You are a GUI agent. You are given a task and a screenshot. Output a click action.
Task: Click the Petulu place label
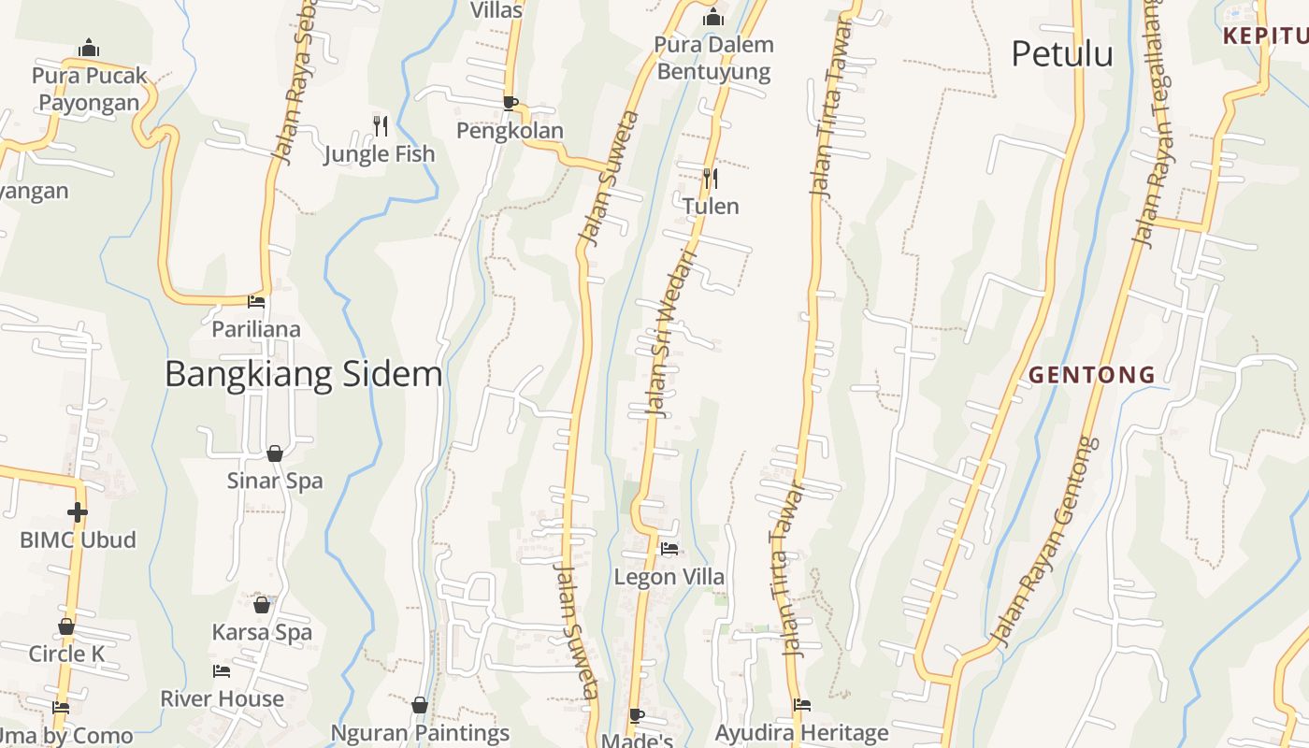(1062, 54)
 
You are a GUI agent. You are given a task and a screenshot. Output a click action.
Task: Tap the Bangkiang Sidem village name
(303, 374)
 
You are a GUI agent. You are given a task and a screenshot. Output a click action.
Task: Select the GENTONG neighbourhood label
(1092, 376)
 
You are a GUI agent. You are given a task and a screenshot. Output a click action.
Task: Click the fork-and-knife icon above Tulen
(711, 178)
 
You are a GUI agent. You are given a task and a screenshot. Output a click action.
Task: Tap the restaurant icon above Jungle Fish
(381, 125)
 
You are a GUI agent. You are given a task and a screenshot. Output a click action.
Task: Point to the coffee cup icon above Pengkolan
(510, 102)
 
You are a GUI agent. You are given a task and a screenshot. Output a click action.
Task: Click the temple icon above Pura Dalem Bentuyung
(713, 17)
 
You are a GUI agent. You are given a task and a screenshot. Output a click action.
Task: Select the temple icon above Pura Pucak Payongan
(90, 48)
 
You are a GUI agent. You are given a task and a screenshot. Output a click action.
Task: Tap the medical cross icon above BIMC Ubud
(78, 511)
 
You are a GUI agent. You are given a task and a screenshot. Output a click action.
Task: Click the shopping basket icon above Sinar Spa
(275, 453)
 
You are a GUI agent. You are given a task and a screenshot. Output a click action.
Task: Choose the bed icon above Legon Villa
(669, 549)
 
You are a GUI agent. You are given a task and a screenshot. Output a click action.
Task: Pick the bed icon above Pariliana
(256, 302)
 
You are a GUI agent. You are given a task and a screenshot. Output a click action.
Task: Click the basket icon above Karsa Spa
(262, 605)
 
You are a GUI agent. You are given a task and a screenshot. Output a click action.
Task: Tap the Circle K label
(66, 654)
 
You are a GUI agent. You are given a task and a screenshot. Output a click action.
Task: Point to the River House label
(222, 698)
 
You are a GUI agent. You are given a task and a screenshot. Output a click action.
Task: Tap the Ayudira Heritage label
(801, 733)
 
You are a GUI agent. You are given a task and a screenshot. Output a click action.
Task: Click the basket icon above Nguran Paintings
(420, 705)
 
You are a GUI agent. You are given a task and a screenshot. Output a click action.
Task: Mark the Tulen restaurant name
(711, 206)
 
